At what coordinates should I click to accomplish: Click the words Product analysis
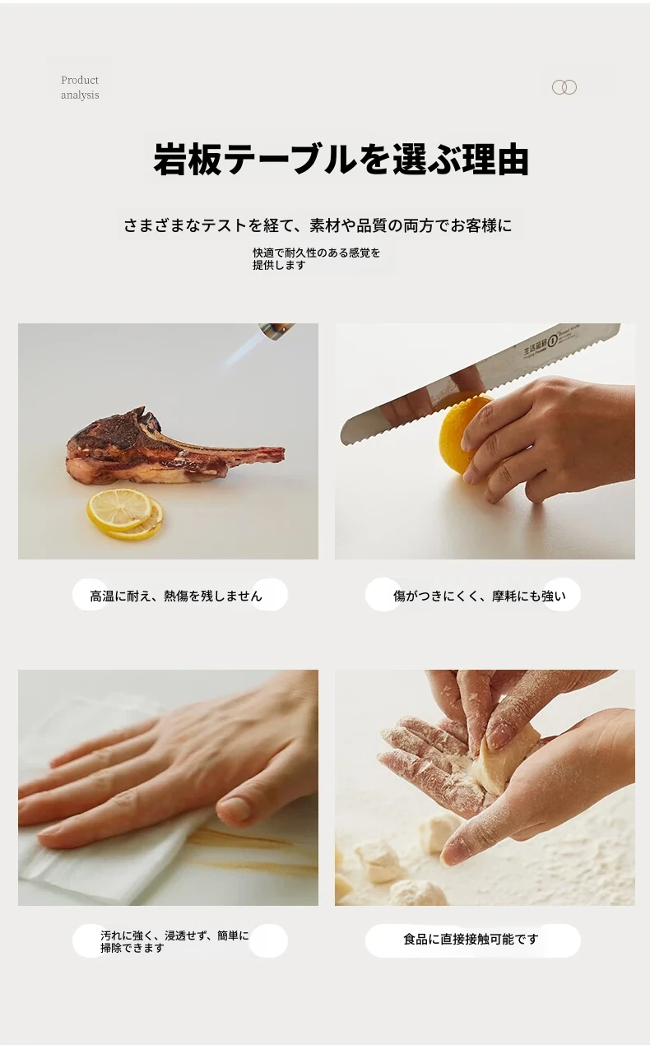80,87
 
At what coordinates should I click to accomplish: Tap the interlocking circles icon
564,87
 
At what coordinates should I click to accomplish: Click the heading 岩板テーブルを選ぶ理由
341,160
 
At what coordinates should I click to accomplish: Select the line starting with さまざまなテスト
318,225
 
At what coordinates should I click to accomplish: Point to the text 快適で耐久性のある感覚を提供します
317,258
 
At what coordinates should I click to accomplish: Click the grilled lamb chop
174,448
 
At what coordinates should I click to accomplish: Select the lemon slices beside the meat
126,513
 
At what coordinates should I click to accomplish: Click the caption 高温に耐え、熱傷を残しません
176,596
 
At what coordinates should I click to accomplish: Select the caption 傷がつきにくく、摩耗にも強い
480,596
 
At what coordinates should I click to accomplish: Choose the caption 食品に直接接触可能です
471,939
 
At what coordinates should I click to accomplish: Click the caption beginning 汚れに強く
174,941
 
